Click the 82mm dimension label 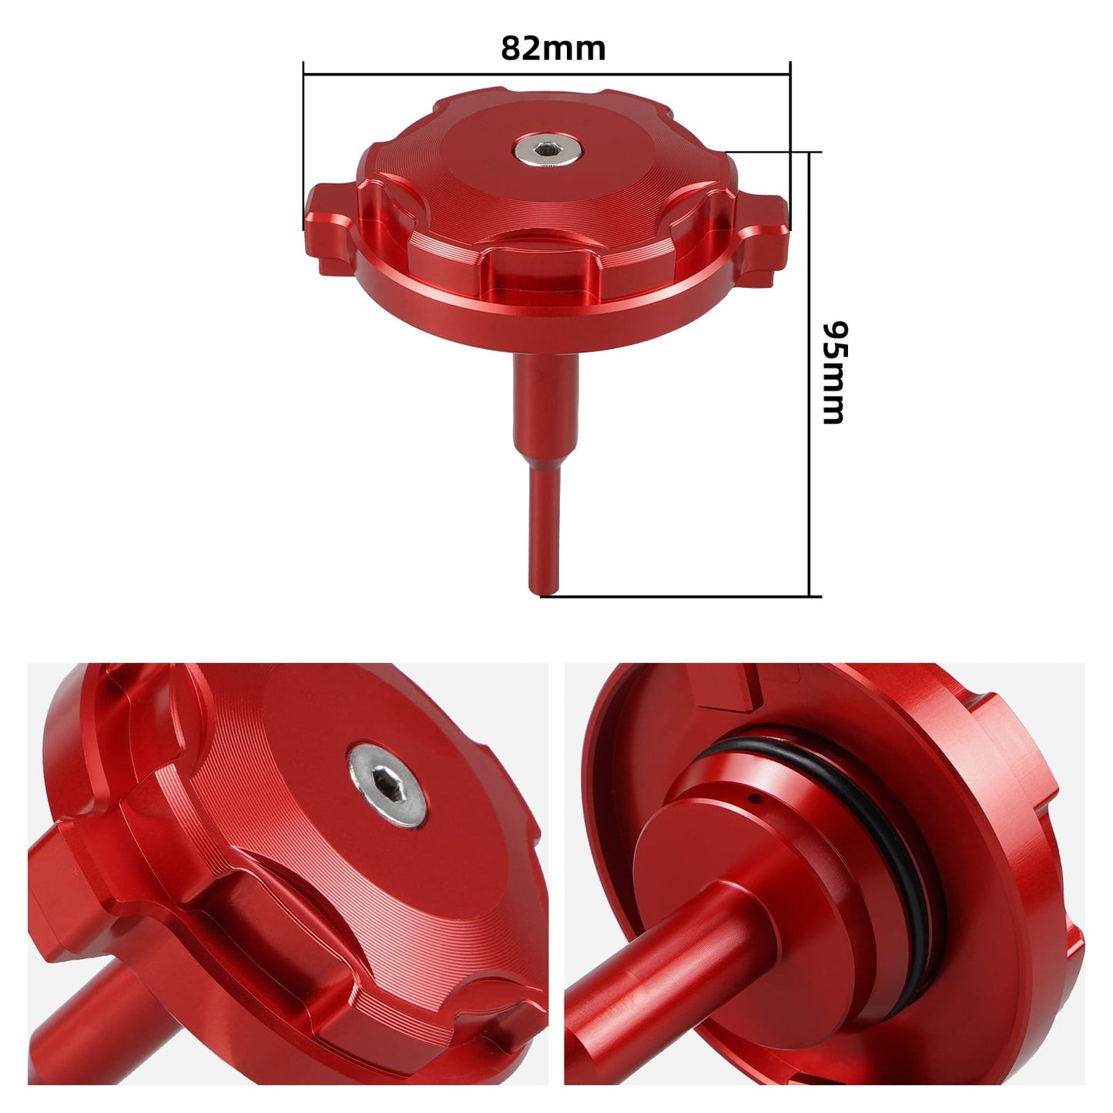coord(553,49)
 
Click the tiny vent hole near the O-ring coord(759,799)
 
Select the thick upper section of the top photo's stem coord(546,401)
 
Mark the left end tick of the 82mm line coord(304,146)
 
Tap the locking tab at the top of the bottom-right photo coord(724,686)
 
